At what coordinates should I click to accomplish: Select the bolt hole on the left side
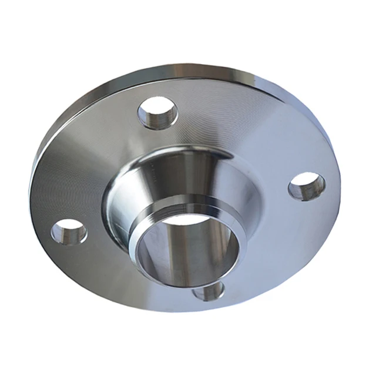[x=69, y=231]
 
